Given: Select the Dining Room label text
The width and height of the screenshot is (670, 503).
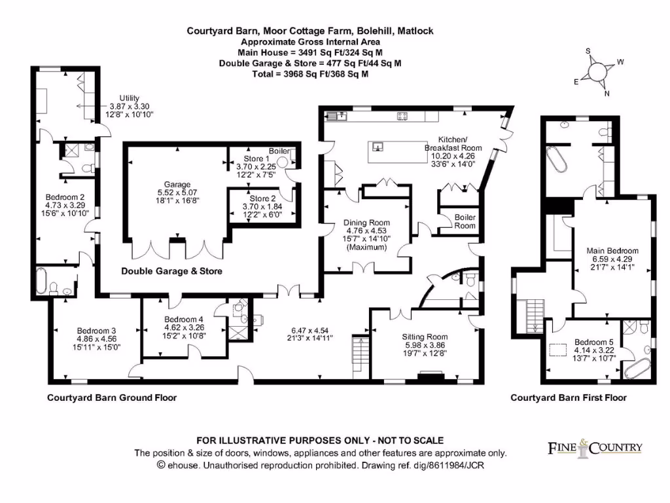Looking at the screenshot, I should point(366,223).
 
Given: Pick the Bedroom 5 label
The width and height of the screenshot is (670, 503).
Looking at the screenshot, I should point(592,342).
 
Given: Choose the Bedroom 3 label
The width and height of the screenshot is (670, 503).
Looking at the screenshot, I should point(96,330).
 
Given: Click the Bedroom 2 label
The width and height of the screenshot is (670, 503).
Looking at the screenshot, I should point(65,196).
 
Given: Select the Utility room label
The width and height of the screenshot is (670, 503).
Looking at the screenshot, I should point(130,98).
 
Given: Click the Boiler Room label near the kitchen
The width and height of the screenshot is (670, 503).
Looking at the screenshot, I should point(465,221).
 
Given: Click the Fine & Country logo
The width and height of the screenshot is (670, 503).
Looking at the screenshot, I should point(595,448).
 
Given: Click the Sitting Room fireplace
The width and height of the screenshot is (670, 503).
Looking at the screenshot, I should point(430,378).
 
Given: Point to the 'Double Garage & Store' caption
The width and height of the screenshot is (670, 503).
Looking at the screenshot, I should point(171,271).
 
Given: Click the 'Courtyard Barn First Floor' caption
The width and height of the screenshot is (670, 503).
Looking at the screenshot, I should point(568,398).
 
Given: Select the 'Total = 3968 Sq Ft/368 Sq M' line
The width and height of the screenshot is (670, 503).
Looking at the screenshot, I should point(310,74).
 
